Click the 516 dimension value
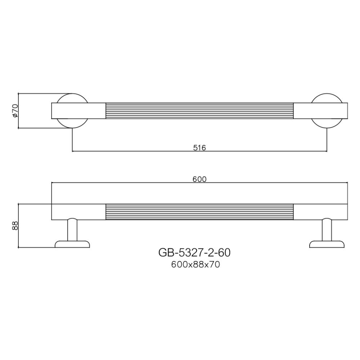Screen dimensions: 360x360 click(x=199, y=148)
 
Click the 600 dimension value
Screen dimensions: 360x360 click(x=199, y=179)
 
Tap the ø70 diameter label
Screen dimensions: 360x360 click(x=15, y=111)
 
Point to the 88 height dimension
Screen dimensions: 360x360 click(x=15, y=226)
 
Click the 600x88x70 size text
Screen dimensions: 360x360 click(x=195, y=265)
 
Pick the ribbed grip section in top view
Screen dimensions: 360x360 click(x=199, y=111)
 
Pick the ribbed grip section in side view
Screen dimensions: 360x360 click(x=199, y=212)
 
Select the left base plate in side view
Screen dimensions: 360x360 click(x=72, y=244)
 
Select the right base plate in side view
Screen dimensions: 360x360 click(x=327, y=244)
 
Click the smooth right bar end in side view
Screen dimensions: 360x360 click(x=320, y=212)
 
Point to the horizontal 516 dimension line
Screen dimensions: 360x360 click(x=144, y=151)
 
